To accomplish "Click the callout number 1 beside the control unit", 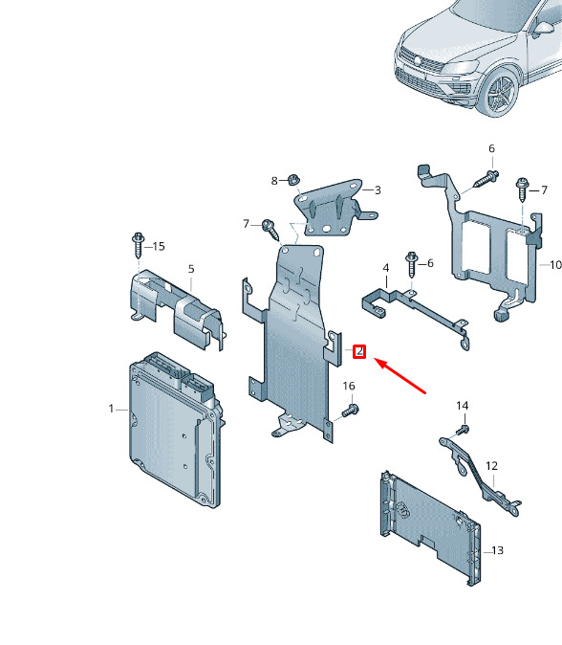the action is [x=111, y=409].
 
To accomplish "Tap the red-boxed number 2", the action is [x=359, y=351].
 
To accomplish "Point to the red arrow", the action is [x=400, y=375].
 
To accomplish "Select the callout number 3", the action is [x=378, y=190].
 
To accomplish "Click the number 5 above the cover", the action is [x=191, y=269].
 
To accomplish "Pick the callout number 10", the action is [x=556, y=265].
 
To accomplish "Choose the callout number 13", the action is [x=497, y=550].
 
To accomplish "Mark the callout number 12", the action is [x=491, y=466].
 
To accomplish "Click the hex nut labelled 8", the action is [x=292, y=180].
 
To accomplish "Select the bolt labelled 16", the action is [x=350, y=411].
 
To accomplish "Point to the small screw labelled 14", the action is [x=463, y=431].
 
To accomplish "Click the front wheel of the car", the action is [x=501, y=93].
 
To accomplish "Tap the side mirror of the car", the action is [x=542, y=29].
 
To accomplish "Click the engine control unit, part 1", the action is [x=176, y=430].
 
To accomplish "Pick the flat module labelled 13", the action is [x=430, y=527].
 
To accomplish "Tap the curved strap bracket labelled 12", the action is [x=480, y=475].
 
